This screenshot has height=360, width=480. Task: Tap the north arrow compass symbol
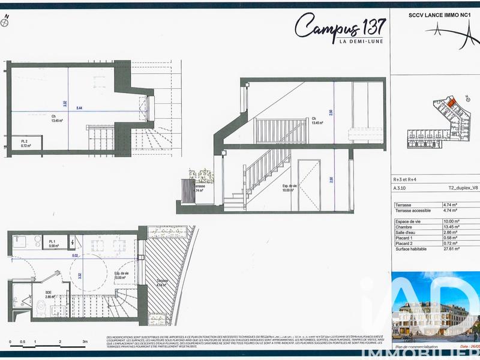pos(5,22)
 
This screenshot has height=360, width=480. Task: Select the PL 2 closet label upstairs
pos(26,144)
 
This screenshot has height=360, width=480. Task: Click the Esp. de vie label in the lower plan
pos(122,275)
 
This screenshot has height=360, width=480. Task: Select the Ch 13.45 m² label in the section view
pos(318,121)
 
